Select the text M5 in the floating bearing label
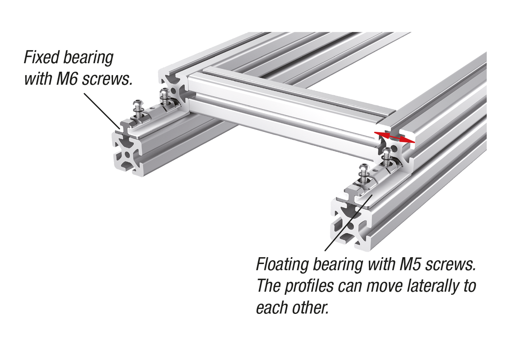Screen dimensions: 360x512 (410, 264)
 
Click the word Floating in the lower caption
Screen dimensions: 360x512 (282, 265)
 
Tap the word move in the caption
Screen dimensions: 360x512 (382, 285)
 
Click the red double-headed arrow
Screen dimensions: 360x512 (394, 137)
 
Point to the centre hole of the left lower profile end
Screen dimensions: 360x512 (128, 155)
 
